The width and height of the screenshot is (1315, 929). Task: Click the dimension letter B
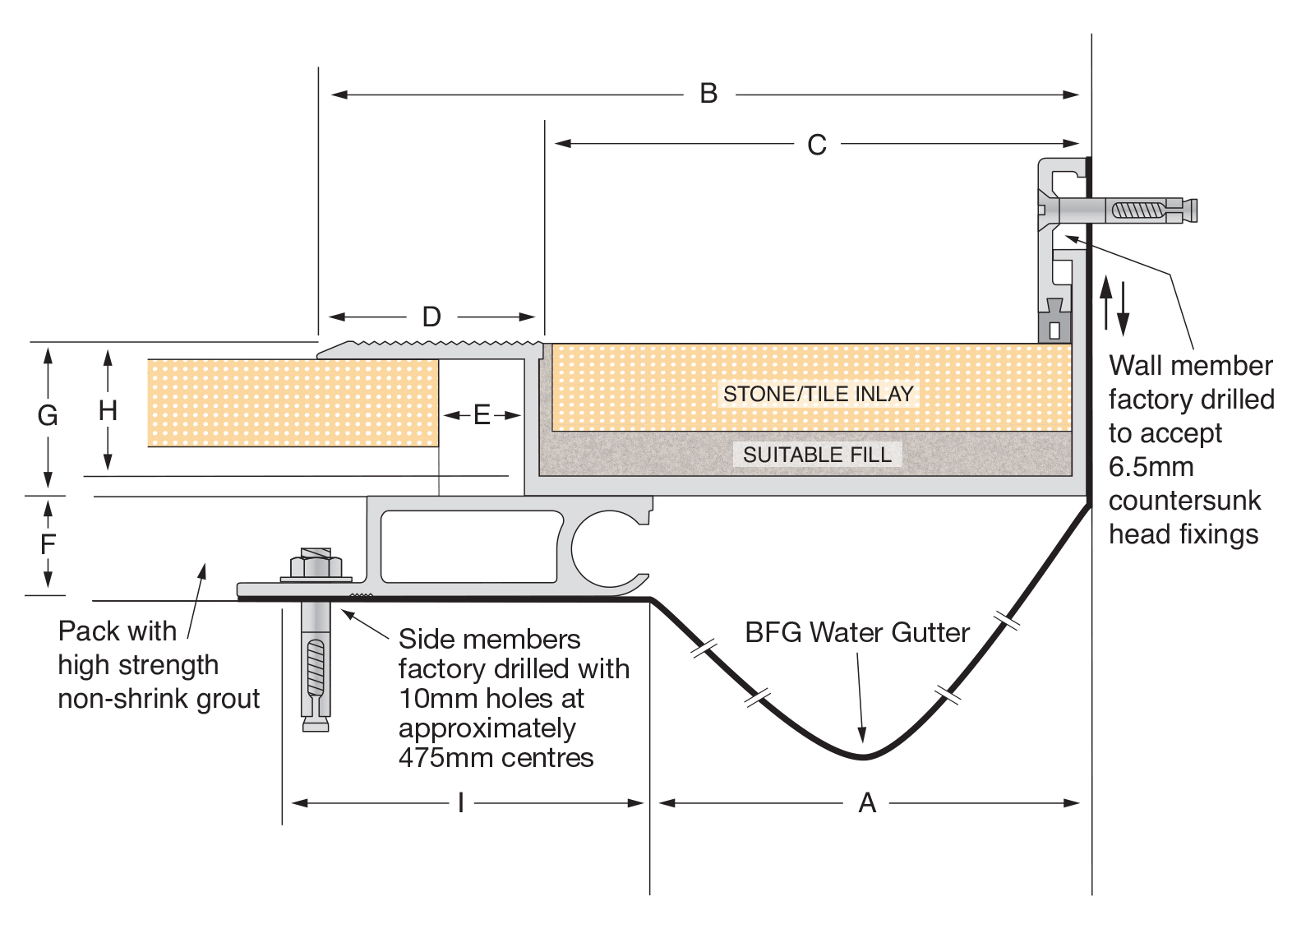708,94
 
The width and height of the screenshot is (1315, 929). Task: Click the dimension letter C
817,145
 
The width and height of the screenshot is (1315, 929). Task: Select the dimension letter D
431,317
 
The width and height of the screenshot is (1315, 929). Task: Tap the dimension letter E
482,415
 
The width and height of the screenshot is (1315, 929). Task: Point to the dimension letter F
48,544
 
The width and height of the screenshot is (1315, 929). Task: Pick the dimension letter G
48,416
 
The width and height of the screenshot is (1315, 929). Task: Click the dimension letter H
108,410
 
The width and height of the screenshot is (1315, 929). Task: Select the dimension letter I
461,802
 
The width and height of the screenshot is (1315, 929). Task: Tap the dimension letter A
867,802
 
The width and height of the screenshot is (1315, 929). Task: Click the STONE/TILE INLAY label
819,394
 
